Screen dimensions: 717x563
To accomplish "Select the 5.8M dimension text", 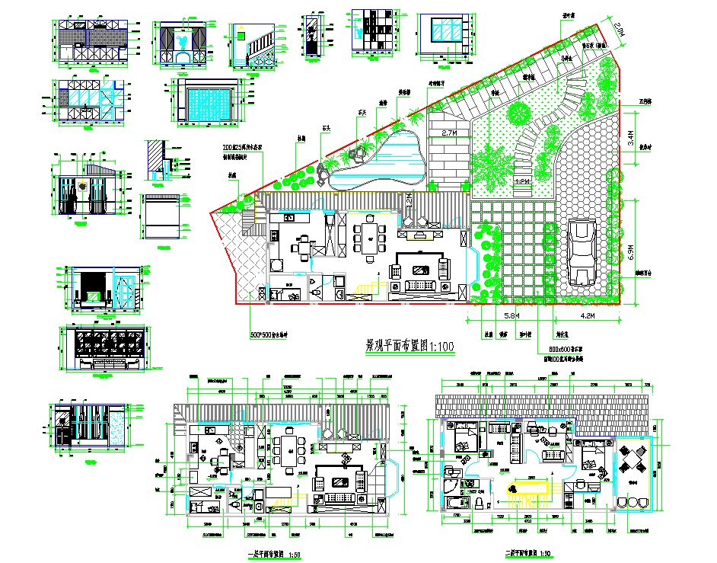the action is point(512,314).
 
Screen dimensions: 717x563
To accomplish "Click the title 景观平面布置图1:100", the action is point(410,347).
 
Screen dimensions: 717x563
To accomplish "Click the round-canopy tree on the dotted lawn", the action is point(519,114).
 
